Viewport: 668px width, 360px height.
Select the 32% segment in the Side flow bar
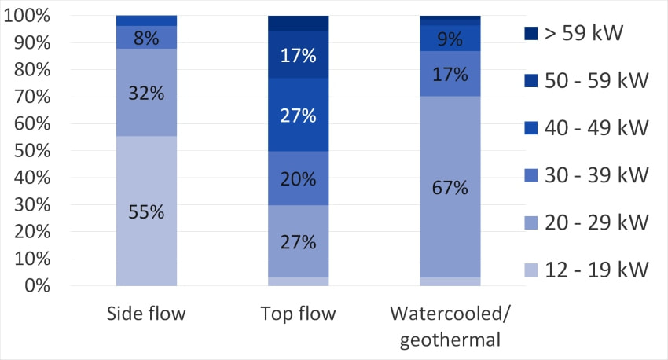pos(146,93)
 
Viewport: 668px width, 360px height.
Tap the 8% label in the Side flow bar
pos(146,37)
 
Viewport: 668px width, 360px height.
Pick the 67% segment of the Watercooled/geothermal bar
pos(450,187)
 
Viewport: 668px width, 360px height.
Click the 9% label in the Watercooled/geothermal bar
pos(450,38)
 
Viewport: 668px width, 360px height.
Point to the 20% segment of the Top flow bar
pos(298,178)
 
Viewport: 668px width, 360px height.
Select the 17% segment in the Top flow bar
pos(298,56)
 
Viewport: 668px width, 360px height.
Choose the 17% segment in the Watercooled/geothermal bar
pos(450,75)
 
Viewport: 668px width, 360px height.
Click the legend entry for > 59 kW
pos(585,33)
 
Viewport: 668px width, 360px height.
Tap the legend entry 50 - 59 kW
pos(585,80)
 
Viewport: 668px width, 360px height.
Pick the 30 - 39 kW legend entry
pos(585,174)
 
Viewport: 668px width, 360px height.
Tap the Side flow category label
pos(146,314)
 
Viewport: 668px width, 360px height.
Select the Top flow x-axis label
pos(298,314)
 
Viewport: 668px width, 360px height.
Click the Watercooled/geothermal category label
pos(450,326)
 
